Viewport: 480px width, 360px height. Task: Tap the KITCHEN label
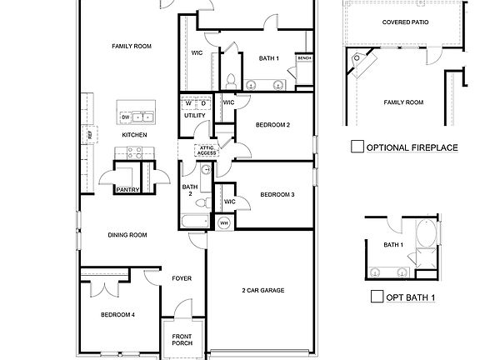pyautogui.click(x=134, y=134)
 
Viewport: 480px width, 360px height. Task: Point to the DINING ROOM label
pyautogui.click(x=127, y=235)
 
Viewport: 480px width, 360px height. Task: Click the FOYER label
pyautogui.click(x=182, y=278)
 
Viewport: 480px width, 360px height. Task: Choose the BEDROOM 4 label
pyautogui.click(x=117, y=315)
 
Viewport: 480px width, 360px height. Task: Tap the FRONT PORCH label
pyautogui.click(x=182, y=340)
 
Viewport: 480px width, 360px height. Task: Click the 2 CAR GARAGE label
pyautogui.click(x=262, y=291)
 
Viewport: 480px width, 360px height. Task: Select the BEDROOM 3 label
pyautogui.click(x=277, y=194)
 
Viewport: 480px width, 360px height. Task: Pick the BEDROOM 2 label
pyautogui.click(x=272, y=125)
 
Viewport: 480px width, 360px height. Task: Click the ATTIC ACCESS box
pyautogui.click(x=206, y=151)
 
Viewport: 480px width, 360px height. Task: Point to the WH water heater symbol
pyautogui.click(x=223, y=222)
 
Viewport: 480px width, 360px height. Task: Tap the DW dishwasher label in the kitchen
pyautogui.click(x=125, y=117)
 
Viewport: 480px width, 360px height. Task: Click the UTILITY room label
pyautogui.click(x=193, y=116)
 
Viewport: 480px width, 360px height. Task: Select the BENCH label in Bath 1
pyautogui.click(x=304, y=58)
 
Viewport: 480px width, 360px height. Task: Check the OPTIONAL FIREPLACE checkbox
pyautogui.click(x=357, y=147)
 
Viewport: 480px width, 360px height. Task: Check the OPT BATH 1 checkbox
pyautogui.click(x=377, y=297)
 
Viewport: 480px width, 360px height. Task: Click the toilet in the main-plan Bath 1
pyautogui.click(x=230, y=81)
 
